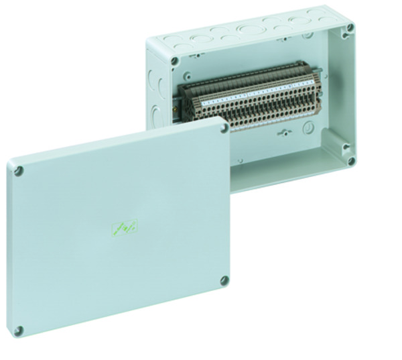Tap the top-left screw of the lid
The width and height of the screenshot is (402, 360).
click(x=19, y=171)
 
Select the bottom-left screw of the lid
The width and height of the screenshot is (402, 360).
click(x=19, y=331)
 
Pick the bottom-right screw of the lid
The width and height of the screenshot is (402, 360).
click(x=224, y=280)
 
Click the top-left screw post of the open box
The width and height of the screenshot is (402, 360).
click(x=174, y=61)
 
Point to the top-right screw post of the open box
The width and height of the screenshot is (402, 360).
click(x=350, y=28)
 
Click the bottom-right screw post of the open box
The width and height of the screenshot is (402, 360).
click(x=351, y=160)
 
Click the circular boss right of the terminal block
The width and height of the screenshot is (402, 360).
click(x=309, y=127)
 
